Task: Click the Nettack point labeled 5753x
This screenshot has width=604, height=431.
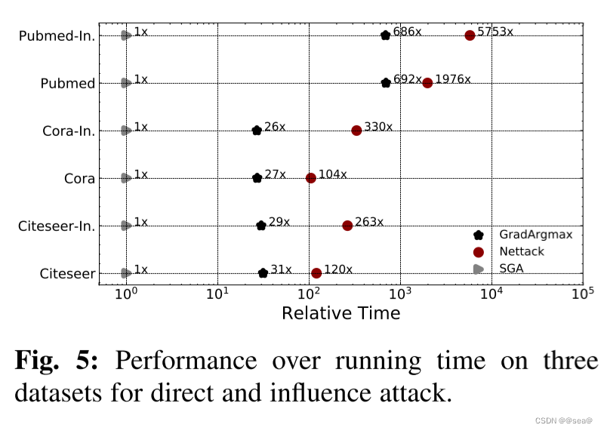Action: [x=470, y=35]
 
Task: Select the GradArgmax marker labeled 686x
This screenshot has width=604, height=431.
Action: [x=385, y=35]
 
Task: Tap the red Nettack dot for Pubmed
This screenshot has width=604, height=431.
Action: [x=427, y=83]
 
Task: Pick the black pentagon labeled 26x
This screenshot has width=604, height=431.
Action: [x=257, y=131]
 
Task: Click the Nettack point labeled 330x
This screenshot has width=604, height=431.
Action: [x=356, y=131]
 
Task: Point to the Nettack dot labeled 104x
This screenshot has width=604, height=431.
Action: [x=310, y=178]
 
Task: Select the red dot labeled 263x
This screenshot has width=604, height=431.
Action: [x=347, y=226]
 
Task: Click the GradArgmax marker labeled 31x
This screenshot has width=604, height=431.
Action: [x=263, y=273]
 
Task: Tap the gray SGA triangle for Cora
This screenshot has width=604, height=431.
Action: [x=126, y=178]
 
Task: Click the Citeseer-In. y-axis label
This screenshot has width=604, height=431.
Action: [x=57, y=226]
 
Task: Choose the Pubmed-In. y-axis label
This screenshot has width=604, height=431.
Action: [x=57, y=36]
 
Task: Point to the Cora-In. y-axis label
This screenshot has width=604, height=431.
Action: [x=69, y=131]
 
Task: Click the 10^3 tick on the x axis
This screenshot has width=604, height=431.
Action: [x=400, y=291]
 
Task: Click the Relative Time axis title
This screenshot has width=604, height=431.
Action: [x=341, y=312]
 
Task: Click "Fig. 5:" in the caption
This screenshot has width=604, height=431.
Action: [x=56, y=361]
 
